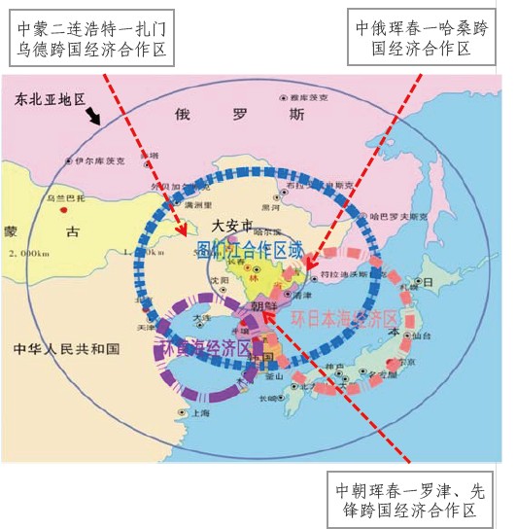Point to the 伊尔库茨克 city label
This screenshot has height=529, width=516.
coord(100,160)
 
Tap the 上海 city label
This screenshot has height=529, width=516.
coord(201,412)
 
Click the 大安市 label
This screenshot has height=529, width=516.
coord(232,224)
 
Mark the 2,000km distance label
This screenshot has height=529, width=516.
coord(26,253)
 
